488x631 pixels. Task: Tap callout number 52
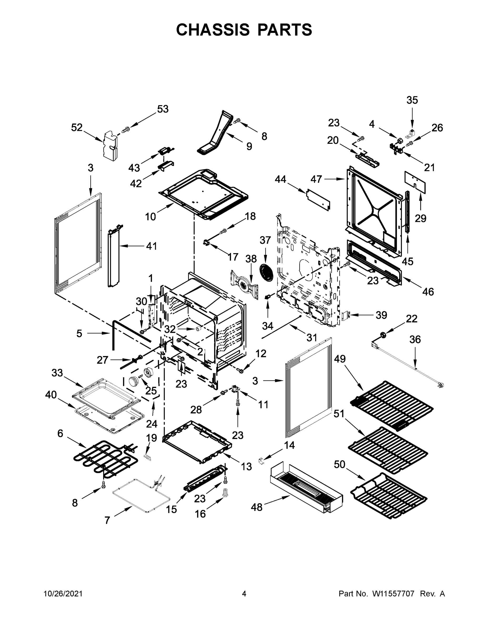tap(77, 128)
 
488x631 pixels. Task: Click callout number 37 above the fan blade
tap(265, 240)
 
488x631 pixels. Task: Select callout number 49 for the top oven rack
tap(340, 359)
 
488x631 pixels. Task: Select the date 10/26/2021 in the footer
tap(63, 593)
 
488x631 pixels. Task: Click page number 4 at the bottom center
tap(244, 593)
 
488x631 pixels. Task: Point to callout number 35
tap(412, 100)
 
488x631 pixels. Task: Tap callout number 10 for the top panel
tap(150, 216)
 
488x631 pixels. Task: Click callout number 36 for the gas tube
tap(415, 339)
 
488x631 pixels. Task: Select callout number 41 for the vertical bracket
tap(152, 246)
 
